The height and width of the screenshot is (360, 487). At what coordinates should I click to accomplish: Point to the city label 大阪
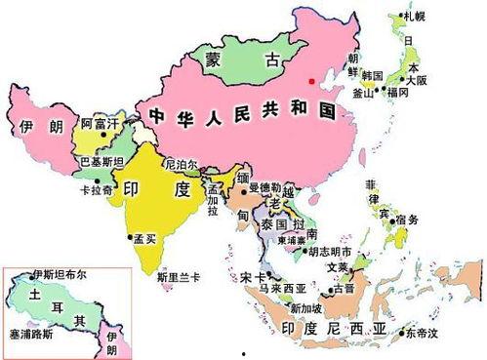418,80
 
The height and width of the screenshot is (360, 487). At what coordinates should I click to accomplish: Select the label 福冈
397,93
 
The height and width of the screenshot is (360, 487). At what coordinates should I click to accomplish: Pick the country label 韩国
372,75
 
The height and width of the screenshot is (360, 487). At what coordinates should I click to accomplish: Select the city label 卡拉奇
97,191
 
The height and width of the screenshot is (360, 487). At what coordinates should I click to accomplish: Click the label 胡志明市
330,251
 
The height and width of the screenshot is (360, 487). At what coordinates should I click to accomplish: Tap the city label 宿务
407,220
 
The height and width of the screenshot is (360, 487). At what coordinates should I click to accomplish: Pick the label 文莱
337,268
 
